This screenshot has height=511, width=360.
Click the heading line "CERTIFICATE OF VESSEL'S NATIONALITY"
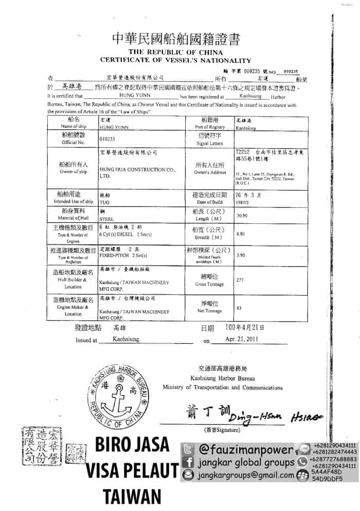[x=179, y=60]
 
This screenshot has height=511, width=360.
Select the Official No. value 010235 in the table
[x=107, y=139]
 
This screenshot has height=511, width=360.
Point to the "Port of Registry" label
[x=210, y=127]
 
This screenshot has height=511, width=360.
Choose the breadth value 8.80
[x=240, y=233]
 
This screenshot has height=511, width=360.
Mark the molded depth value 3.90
[x=240, y=255]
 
